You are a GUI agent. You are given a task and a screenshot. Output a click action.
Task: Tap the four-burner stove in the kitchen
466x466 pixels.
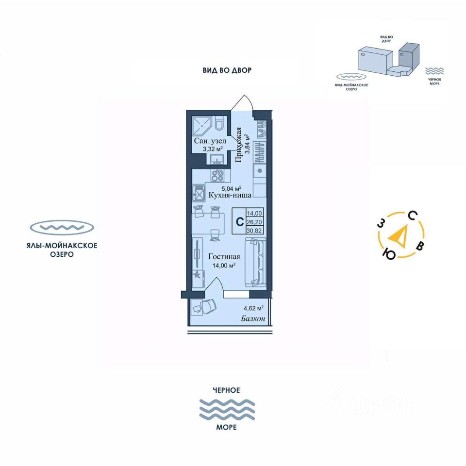(217, 175)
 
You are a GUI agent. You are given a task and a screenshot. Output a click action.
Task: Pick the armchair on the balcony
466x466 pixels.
(206, 307)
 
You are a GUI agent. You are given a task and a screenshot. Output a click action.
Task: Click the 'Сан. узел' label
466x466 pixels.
(210, 141)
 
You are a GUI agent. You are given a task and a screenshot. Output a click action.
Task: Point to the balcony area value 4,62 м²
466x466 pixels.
(253, 308)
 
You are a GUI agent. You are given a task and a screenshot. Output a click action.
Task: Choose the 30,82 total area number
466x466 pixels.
(255, 230)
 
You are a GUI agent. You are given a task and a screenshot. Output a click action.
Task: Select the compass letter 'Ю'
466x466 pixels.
(388, 253)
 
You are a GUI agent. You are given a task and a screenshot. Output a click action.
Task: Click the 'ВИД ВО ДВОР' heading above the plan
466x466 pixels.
(227, 70)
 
